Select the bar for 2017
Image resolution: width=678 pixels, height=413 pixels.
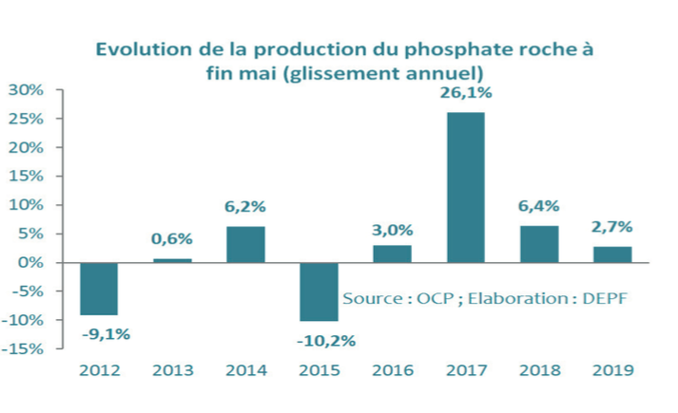(x=465, y=187)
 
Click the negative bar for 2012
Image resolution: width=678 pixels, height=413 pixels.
(x=99, y=289)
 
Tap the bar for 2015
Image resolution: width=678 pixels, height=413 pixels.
(x=319, y=291)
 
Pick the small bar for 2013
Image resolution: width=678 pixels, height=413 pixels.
(x=172, y=260)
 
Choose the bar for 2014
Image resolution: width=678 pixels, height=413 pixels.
(x=245, y=244)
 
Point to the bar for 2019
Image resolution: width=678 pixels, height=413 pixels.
(x=611, y=254)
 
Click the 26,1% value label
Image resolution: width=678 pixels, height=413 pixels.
(x=465, y=94)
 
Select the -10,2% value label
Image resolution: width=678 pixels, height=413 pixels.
(x=320, y=340)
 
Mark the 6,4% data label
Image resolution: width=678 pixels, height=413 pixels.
(x=539, y=206)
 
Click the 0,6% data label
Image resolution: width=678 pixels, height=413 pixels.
(x=172, y=239)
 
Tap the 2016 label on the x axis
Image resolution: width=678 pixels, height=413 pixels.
(x=392, y=370)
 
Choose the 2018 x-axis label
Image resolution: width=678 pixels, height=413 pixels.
(x=539, y=370)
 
